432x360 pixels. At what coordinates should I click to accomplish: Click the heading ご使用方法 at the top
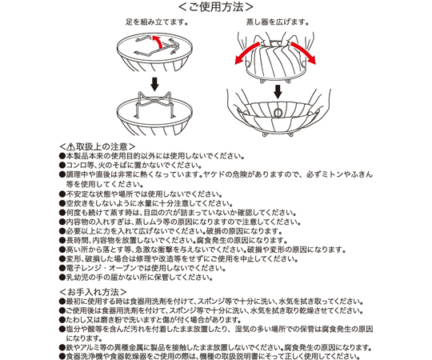(216, 7)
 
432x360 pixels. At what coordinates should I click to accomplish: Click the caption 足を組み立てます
(156, 22)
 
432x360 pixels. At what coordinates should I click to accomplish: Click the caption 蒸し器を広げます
(276, 22)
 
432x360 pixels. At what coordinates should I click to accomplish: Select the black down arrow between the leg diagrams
(155, 84)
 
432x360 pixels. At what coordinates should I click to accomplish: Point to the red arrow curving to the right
(303, 53)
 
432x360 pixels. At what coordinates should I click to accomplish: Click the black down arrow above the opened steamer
(278, 91)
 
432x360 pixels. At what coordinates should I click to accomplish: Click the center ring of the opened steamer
(278, 112)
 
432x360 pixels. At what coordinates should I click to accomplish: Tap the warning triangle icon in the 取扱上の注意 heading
(70, 146)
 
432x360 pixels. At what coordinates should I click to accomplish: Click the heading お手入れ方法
(93, 292)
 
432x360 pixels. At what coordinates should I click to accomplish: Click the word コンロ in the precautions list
(77, 166)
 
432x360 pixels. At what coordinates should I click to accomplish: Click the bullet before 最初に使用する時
(62, 302)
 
